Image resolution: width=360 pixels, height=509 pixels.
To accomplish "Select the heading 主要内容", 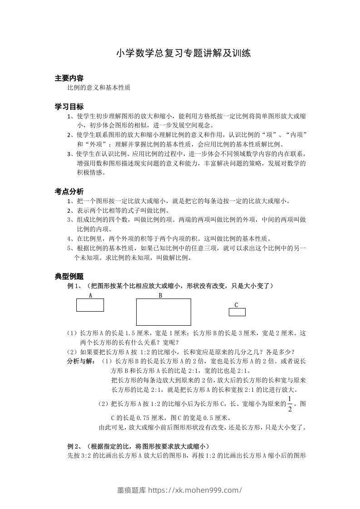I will (x=69, y=78).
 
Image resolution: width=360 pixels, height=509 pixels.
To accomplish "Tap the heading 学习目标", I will (x=69, y=107).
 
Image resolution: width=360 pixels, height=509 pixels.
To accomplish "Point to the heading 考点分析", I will (x=69, y=191).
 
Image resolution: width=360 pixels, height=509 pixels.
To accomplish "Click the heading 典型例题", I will (x=69, y=276).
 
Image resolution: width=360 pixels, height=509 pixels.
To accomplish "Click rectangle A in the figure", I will (x=90, y=305).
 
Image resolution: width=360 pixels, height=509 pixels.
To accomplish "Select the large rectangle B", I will (x=163, y=312).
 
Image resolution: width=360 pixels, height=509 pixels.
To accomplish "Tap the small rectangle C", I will (x=237, y=312).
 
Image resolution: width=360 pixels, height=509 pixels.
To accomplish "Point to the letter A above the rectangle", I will (x=90, y=295).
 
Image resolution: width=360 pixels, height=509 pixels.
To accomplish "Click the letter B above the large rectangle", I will (x=160, y=295).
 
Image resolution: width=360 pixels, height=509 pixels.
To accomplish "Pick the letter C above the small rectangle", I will (x=236, y=305).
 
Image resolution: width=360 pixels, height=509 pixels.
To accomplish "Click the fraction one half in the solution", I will (x=290, y=403).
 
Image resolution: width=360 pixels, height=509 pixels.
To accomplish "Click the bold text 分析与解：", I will (x=81, y=361).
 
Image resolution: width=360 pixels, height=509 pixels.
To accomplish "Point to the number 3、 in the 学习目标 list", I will (x=71, y=153).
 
